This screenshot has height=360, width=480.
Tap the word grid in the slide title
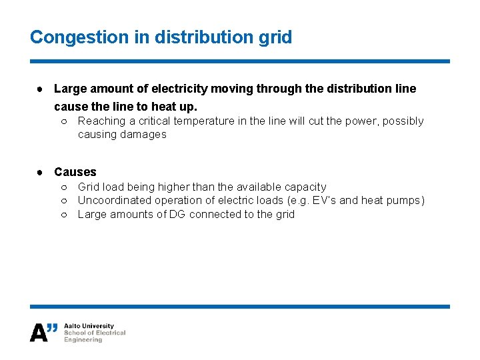coord(276,37)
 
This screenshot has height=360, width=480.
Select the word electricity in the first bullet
coord(182,89)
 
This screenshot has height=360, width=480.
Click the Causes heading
coord(75,172)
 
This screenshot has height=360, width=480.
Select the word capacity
coord(305,187)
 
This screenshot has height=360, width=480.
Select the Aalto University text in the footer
coord(89,327)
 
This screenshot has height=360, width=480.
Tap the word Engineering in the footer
coord(83,340)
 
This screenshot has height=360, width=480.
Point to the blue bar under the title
coord(240,61)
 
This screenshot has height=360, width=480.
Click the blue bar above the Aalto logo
coord(240,307)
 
